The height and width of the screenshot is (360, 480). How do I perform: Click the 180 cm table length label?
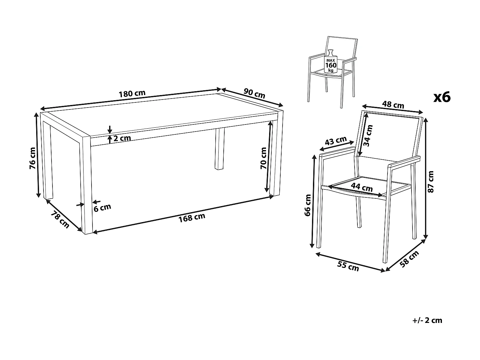pos(132,93)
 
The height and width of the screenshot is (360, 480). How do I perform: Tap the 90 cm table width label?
pos(254,93)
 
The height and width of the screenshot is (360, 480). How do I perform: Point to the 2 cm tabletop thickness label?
pos(122,138)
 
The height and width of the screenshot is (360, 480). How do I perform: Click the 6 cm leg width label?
pos(102,208)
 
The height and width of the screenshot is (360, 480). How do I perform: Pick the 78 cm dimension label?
pos(60,219)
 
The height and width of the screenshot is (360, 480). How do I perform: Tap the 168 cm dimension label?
pos(192,218)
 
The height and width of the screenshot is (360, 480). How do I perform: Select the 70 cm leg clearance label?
pos(263,158)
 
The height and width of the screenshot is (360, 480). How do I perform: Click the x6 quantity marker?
pos(442,97)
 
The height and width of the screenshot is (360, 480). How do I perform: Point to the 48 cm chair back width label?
pos(393,105)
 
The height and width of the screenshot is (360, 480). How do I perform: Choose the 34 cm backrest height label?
pos(368,135)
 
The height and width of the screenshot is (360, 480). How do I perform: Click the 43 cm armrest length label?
pos(336,140)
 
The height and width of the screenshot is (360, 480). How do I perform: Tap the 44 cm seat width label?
pos(362,187)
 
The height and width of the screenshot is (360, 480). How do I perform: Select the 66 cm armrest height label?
pos(308,205)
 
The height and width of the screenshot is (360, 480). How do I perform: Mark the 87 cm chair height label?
pos(431,182)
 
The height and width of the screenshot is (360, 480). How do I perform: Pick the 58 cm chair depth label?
pos(409,259)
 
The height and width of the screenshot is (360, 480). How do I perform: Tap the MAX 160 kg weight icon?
pos(331,61)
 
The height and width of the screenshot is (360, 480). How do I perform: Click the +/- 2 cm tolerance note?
pos(427,320)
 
